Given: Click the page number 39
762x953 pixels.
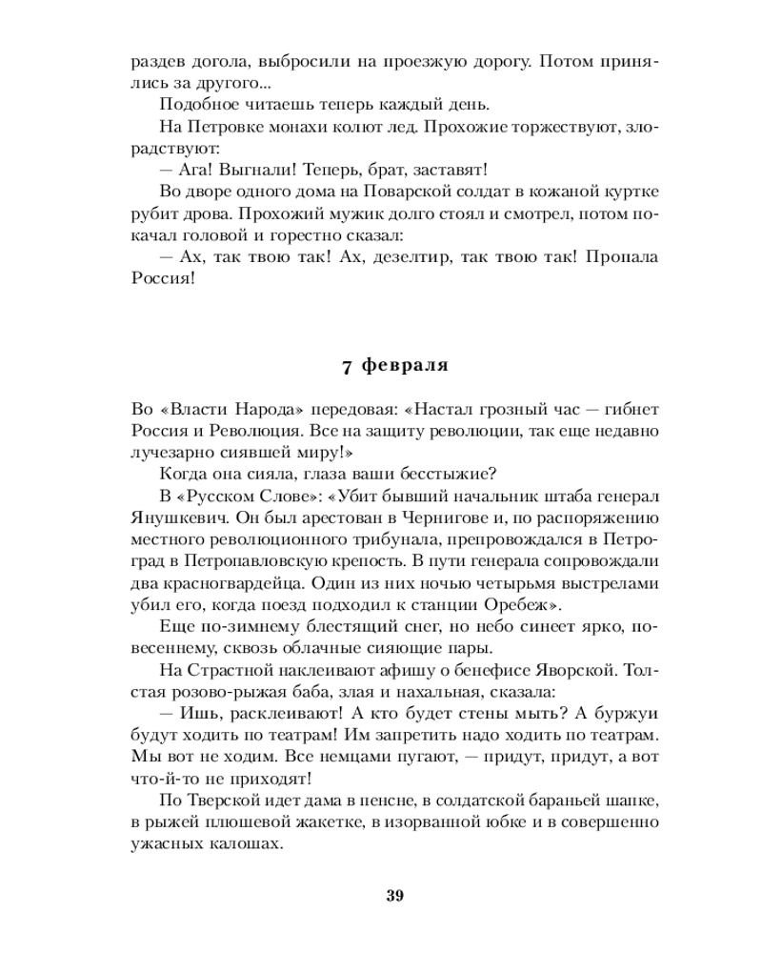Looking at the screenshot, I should coord(395,895).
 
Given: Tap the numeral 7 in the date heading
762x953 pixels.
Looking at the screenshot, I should coord(346,365).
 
